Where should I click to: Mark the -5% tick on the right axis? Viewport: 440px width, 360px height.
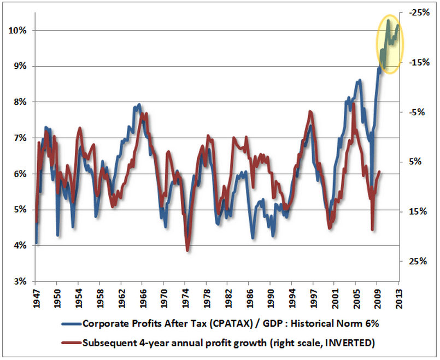[416, 112]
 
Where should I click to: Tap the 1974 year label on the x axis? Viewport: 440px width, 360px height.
[185, 295]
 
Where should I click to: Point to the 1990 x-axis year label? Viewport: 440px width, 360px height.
[271, 295]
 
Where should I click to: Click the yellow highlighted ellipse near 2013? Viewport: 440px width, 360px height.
[389, 44]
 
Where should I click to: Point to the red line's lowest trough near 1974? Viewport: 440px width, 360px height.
[187, 250]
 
